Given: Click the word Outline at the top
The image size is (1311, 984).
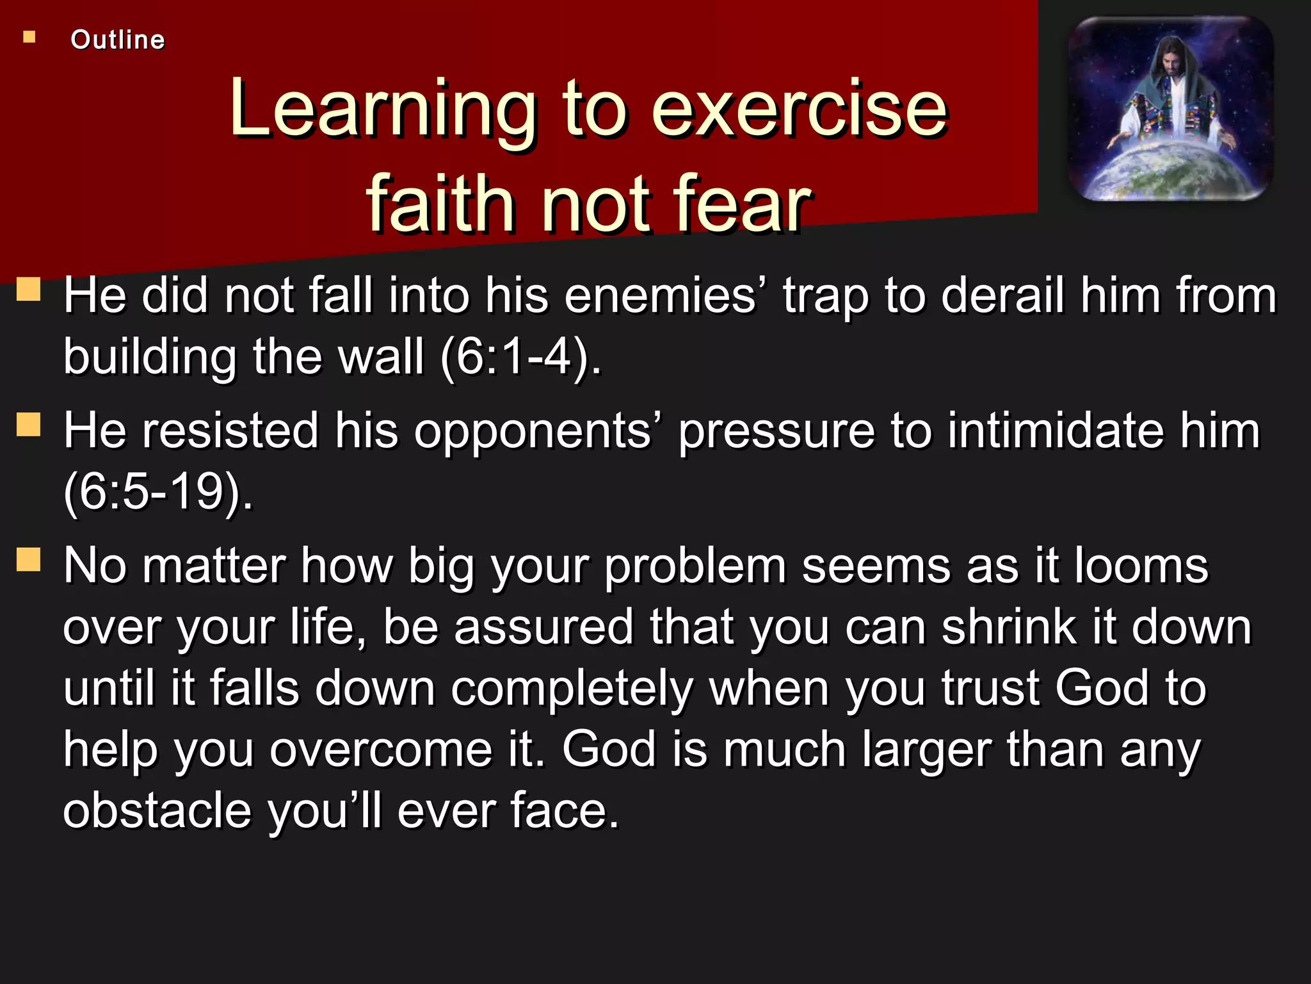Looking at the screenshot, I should click(118, 40).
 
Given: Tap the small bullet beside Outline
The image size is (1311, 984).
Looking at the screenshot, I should click(29, 37).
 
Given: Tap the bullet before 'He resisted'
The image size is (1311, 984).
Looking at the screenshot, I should click(29, 424).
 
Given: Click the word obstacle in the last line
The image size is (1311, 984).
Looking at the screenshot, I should click(157, 810).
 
